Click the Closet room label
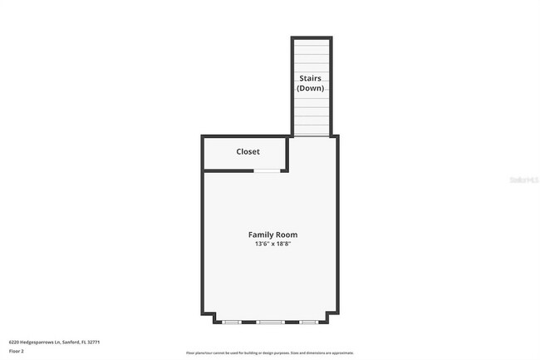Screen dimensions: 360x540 (248, 151)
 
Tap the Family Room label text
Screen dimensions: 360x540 (272, 234)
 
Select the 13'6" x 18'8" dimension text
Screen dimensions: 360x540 (272, 244)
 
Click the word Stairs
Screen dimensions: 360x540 (311, 78)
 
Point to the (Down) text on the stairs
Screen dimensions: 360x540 (311, 88)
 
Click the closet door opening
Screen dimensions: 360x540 (266, 170)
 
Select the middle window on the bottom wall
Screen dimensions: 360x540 (270, 321)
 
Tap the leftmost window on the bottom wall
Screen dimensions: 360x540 (231, 321)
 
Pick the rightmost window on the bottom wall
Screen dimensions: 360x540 (308, 321)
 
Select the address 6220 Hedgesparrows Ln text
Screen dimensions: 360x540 (33, 341)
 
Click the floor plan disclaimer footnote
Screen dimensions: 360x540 (270, 353)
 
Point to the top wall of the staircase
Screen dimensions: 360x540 (311, 38)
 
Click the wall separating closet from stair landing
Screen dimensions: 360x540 (288, 154)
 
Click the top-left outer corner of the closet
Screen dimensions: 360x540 (203, 136)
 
